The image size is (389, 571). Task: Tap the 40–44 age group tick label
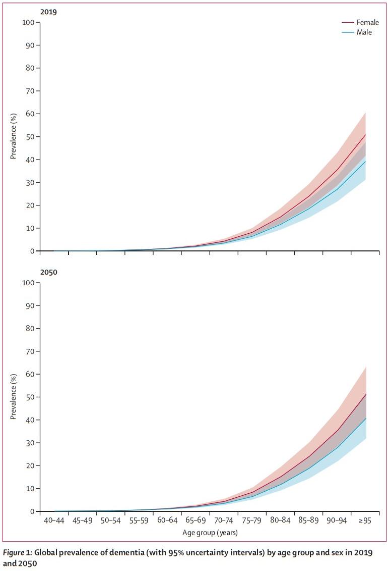click(x=54, y=522)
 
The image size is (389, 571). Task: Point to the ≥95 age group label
click(x=364, y=522)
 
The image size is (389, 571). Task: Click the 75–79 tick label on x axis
click(x=251, y=522)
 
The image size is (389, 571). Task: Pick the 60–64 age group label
click(x=167, y=522)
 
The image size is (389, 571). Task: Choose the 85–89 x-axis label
click(x=308, y=522)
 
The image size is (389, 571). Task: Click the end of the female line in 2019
click(x=365, y=135)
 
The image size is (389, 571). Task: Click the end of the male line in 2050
click(x=365, y=418)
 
